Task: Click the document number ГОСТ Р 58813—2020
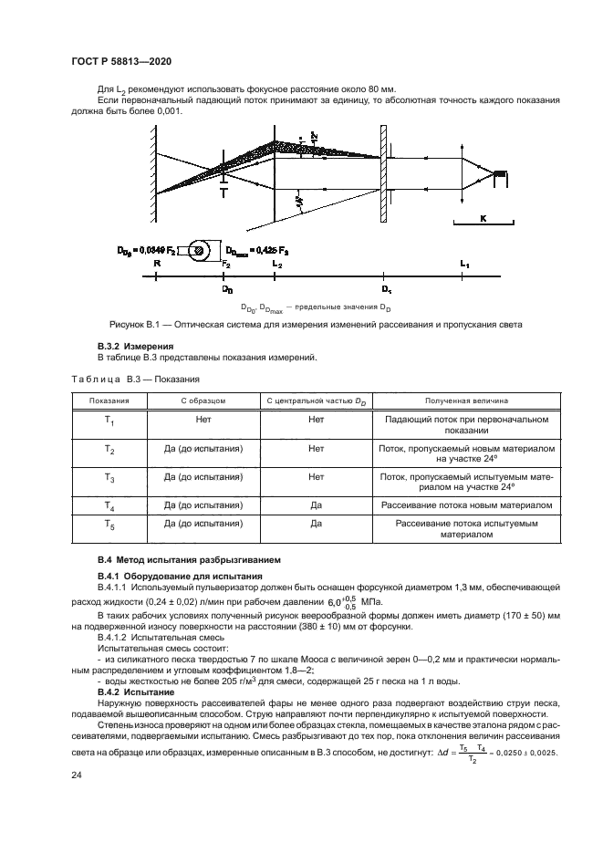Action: (x=121, y=61)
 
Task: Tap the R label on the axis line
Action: (x=158, y=263)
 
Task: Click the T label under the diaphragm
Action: (x=224, y=192)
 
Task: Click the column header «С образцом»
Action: (x=203, y=400)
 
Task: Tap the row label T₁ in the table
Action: (x=109, y=421)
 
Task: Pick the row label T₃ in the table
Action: (x=109, y=477)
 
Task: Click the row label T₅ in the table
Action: (x=109, y=525)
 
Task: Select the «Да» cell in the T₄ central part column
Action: (x=316, y=505)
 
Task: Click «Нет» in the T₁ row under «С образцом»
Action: (x=203, y=421)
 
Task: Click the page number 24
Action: (x=77, y=775)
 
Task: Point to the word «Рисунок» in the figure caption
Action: (x=128, y=325)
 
